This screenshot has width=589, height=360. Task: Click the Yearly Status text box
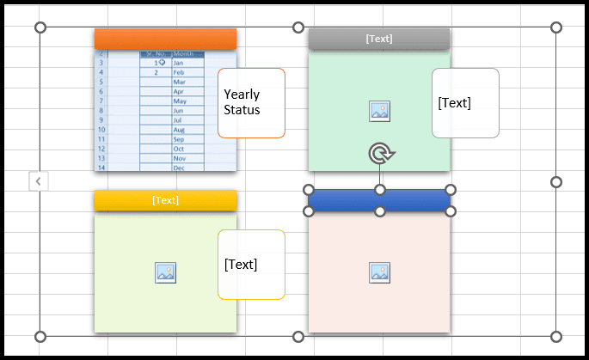[251, 103]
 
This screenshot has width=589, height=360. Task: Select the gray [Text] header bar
[379, 40]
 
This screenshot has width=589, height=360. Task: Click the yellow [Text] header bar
[165, 200]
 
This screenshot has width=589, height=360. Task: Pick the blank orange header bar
[165, 39]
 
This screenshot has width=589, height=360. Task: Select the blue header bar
[379, 200]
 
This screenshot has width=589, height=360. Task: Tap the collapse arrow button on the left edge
[39, 181]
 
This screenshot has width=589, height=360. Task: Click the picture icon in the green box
[380, 110]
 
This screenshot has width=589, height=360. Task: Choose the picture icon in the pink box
[380, 272]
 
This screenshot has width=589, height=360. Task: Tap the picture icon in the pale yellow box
[165, 272]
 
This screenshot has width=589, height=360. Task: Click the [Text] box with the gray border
[465, 103]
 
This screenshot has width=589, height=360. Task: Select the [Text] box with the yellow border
[251, 265]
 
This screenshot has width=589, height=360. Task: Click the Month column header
[187, 53]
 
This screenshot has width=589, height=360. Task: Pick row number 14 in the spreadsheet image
[101, 168]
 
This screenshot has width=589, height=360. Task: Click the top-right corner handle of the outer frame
[555, 27]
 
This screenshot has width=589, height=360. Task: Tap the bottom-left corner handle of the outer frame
[40, 336]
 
